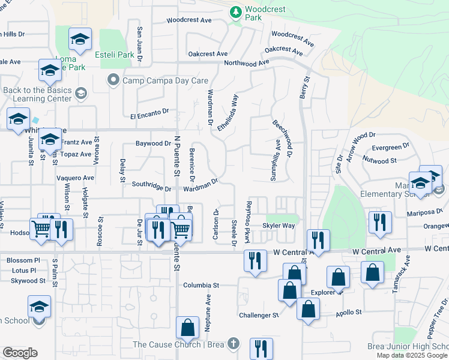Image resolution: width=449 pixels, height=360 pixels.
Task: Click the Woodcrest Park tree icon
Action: [x=236, y=11]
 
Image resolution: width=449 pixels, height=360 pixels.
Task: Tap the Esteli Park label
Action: [x=114, y=55]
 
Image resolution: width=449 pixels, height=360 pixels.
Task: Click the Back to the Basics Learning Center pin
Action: [x=81, y=93]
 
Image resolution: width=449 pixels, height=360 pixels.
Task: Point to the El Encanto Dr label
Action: [x=149, y=113]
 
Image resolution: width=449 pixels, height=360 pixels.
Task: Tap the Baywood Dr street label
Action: [x=153, y=144]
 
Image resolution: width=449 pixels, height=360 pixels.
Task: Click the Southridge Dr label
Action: [x=151, y=187]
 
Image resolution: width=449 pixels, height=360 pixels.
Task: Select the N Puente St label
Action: [x=177, y=157]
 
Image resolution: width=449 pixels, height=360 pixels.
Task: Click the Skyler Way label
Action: [x=279, y=226]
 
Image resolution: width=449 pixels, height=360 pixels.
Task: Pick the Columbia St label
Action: [x=202, y=286]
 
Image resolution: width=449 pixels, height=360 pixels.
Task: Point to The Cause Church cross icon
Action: [x=234, y=344]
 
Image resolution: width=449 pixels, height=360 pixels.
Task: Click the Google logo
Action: [x=20, y=353]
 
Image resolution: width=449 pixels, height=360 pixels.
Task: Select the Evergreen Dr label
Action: [x=390, y=146]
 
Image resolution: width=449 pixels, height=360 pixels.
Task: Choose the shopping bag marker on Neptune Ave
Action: [x=187, y=328]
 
